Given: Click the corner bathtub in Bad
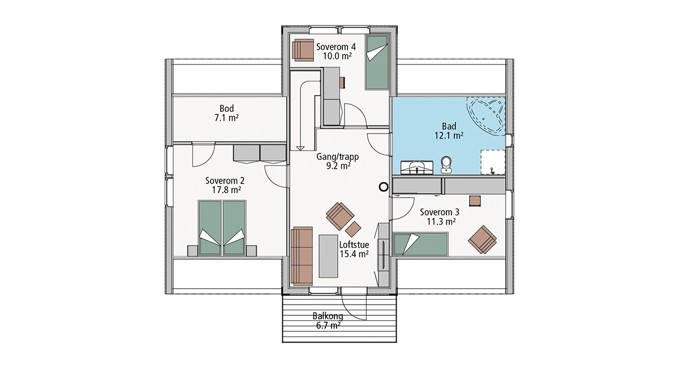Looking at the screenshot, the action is point(485,116).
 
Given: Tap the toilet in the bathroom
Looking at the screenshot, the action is point(446,165).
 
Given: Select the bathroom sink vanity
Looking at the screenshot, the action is point(417,168).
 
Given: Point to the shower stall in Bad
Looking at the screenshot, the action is point(493,162).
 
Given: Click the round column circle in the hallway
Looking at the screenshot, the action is point(384,187).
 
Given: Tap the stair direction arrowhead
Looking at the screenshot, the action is point(300,148).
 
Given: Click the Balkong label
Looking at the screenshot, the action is point(328,316).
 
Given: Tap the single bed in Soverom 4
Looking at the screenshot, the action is point(377,62).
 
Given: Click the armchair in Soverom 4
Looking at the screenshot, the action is point(303,50).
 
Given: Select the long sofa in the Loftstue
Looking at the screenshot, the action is point(302,256).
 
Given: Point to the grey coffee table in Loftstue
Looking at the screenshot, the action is point(328,256).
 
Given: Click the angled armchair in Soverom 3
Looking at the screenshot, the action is point(482,239).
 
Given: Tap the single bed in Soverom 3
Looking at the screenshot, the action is point(420,244).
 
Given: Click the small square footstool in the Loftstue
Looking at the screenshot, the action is point(353,229).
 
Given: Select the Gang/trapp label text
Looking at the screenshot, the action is point(338,157).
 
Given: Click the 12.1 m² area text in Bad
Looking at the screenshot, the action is point(449,136).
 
